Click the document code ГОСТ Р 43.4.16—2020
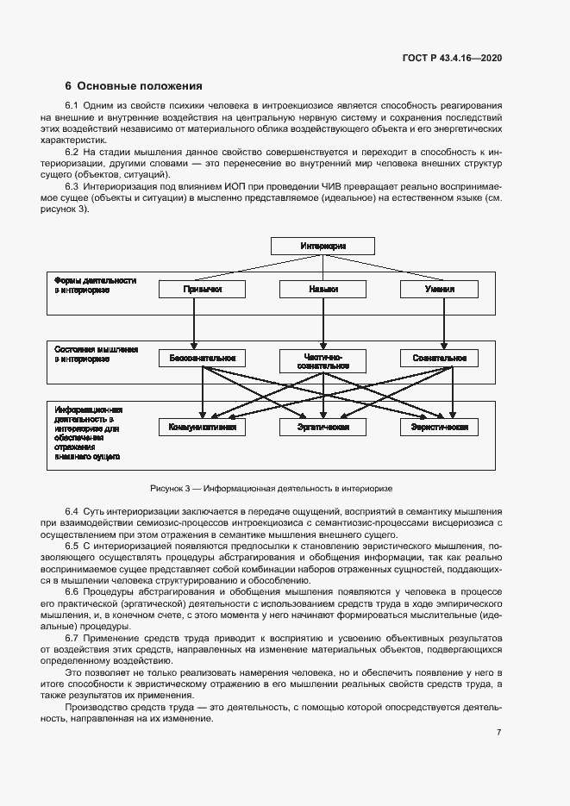pos(452,58)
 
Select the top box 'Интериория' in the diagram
pos(323,246)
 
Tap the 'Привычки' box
pos(203,290)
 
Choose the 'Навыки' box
pos(323,290)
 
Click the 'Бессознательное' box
pos(203,358)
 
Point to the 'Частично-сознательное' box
pos(323,360)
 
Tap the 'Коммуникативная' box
pos(203,427)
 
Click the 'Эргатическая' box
pos(323,427)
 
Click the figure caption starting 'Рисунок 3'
pos(271,487)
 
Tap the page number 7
pos(498,733)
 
